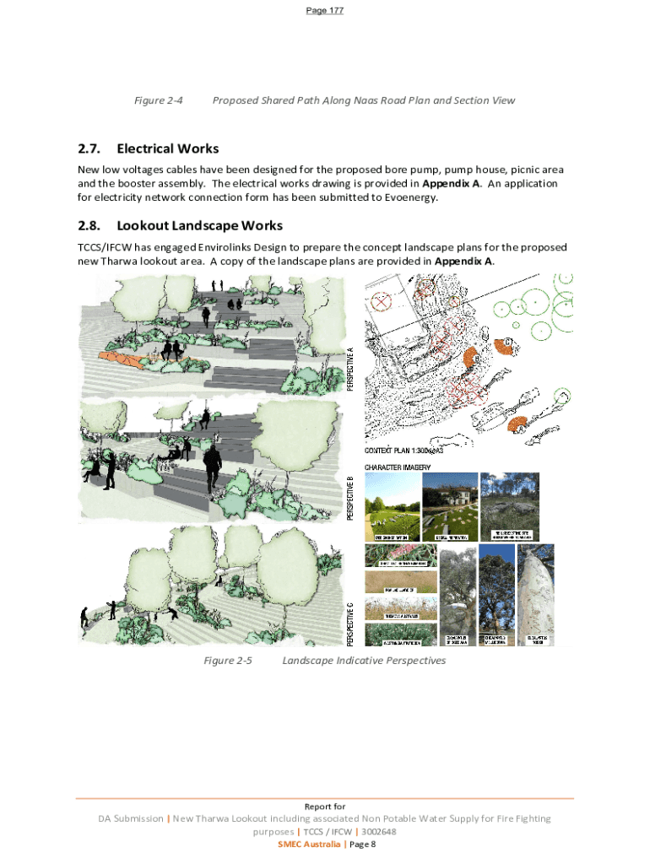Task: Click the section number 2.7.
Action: coord(89,149)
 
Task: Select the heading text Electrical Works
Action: coord(167,149)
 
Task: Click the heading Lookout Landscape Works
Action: coord(199,226)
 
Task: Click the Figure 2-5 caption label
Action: coord(228,661)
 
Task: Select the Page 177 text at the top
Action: coord(325,10)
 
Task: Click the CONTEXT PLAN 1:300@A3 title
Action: coord(412,449)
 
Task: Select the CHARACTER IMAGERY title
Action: coord(398,467)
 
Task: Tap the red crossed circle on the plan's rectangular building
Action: coord(382,300)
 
